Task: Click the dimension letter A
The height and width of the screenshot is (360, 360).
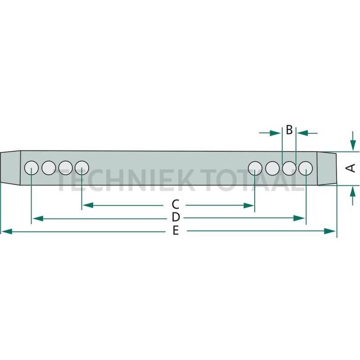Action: pyautogui.click(x=350, y=168)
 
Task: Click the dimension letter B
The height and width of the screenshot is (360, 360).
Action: pyautogui.click(x=289, y=131)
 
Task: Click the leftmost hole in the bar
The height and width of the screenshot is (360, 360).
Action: pyautogui.click(x=32, y=167)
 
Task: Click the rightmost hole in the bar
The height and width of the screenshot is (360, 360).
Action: pyautogui.click(x=306, y=167)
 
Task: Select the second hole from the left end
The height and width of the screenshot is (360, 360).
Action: pyautogui.click(x=49, y=167)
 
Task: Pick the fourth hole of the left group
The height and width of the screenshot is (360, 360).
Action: pyautogui.click(x=82, y=167)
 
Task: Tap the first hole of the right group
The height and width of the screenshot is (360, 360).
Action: pyautogui.click(x=255, y=167)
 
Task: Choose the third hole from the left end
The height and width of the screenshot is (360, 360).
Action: pyautogui.click(x=65, y=167)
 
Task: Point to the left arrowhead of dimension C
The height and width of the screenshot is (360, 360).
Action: pyautogui.click(x=86, y=205)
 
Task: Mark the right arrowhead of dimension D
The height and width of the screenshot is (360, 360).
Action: pyautogui.click(x=302, y=219)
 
